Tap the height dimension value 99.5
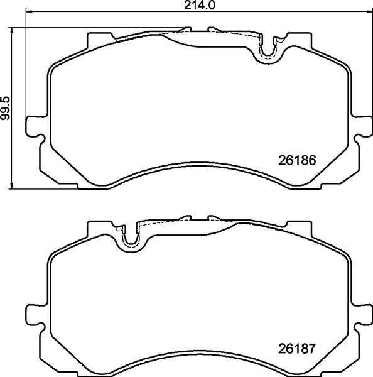coord(6,107)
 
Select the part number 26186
coord(296,160)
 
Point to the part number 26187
coord(296,347)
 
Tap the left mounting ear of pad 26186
coord(33,126)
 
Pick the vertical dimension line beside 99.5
coord(14,107)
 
